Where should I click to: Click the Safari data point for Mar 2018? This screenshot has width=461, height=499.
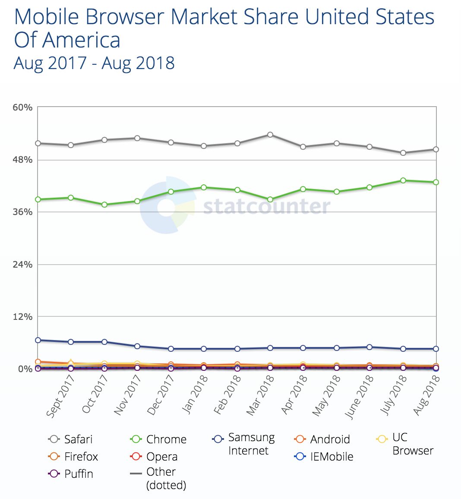tap(270, 135)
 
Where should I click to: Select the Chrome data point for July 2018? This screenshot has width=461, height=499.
tap(403, 180)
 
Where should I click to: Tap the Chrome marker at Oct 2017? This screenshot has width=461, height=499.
tap(104, 205)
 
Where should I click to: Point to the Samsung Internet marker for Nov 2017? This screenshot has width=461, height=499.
tap(137, 346)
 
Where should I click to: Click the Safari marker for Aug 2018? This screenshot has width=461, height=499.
tap(436, 149)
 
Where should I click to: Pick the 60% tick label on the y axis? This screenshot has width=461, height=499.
tap(22, 107)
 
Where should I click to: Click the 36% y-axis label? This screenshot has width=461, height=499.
tap(22, 212)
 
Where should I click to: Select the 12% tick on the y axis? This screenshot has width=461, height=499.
tap(22, 317)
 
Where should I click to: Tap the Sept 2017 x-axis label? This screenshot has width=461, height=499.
tap(60, 396)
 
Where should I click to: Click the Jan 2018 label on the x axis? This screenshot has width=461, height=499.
tap(195, 395)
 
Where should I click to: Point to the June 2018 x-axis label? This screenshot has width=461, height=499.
tap(358, 396)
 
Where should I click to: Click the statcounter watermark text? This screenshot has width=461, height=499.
tap(266, 207)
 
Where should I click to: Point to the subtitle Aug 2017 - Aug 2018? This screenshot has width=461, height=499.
tap(94, 63)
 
